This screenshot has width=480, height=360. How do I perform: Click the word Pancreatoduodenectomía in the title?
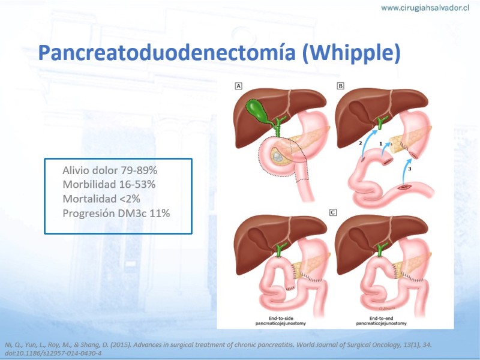coord(167,53)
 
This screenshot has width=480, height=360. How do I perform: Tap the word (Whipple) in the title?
coord(351,53)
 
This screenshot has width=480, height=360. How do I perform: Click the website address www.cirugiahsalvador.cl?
coord(425,8)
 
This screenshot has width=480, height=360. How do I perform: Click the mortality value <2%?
coord(130,199)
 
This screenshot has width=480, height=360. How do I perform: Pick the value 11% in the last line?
coord(160,213)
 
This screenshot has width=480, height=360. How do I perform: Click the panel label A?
coord(238,86)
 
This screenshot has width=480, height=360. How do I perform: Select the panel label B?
coord(340,86)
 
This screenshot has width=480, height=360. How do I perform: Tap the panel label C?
coord(333,212)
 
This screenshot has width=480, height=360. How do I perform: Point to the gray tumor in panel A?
coord(277,157)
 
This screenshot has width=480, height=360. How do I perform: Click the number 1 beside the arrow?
coord(381,143)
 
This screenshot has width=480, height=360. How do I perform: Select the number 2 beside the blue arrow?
coord(361,143)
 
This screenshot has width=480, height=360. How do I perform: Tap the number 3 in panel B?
coord(410,169)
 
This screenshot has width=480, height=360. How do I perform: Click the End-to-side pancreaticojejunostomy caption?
coord(281,321)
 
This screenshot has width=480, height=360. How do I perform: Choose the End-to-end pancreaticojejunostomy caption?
coord(382,321)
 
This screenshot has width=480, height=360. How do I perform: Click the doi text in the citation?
coord(53,353)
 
